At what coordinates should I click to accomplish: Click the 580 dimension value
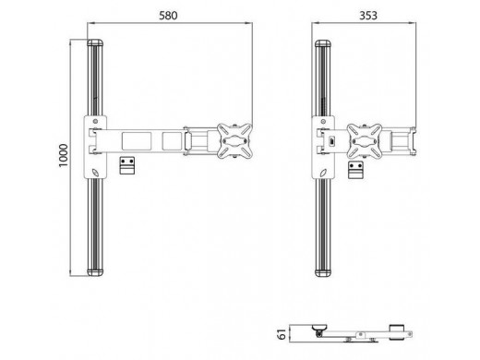(168, 16)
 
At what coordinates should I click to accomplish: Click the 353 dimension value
(368, 16)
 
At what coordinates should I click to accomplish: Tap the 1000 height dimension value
(63, 155)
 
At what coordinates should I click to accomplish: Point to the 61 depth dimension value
(282, 333)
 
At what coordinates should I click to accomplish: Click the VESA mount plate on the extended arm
(234, 141)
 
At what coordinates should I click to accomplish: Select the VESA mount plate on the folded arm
(365, 141)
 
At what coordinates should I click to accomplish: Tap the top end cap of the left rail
(95, 42)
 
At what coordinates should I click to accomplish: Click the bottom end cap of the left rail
(95, 272)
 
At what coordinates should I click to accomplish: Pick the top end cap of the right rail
(323, 43)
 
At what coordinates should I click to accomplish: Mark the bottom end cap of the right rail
(323, 272)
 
